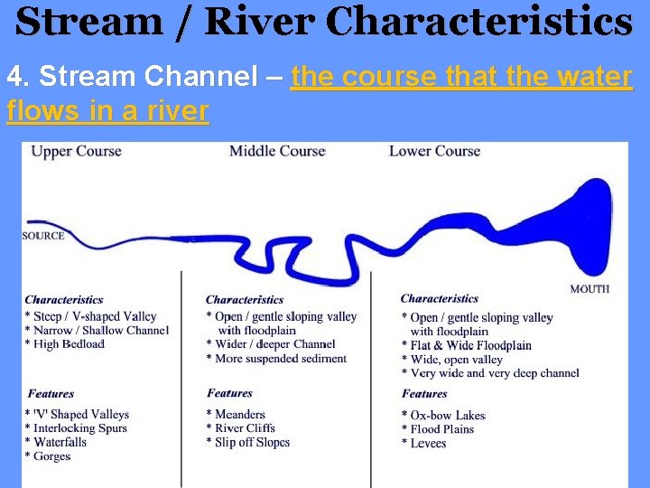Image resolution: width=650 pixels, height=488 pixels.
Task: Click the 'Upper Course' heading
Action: [x=76, y=151]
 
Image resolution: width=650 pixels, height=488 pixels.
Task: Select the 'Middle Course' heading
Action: [x=277, y=151]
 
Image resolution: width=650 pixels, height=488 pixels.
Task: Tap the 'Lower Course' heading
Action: [x=434, y=151]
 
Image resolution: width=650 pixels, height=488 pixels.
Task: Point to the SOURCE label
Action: [x=43, y=236]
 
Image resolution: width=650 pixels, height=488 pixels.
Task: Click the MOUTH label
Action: [x=590, y=289]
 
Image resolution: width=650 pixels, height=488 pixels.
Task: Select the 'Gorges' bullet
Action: [x=52, y=456]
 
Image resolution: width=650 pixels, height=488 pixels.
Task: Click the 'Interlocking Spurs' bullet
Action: [x=79, y=428]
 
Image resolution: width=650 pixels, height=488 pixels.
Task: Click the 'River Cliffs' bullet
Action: [x=245, y=428]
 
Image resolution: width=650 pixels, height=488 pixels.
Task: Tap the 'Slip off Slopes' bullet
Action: [x=252, y=443]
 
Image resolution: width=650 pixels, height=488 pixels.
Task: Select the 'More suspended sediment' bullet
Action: [x=280, y=359]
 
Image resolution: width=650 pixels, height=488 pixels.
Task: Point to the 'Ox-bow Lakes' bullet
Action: [x=447, y=416]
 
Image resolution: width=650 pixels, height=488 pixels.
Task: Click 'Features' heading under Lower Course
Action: [x=424, y=394]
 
